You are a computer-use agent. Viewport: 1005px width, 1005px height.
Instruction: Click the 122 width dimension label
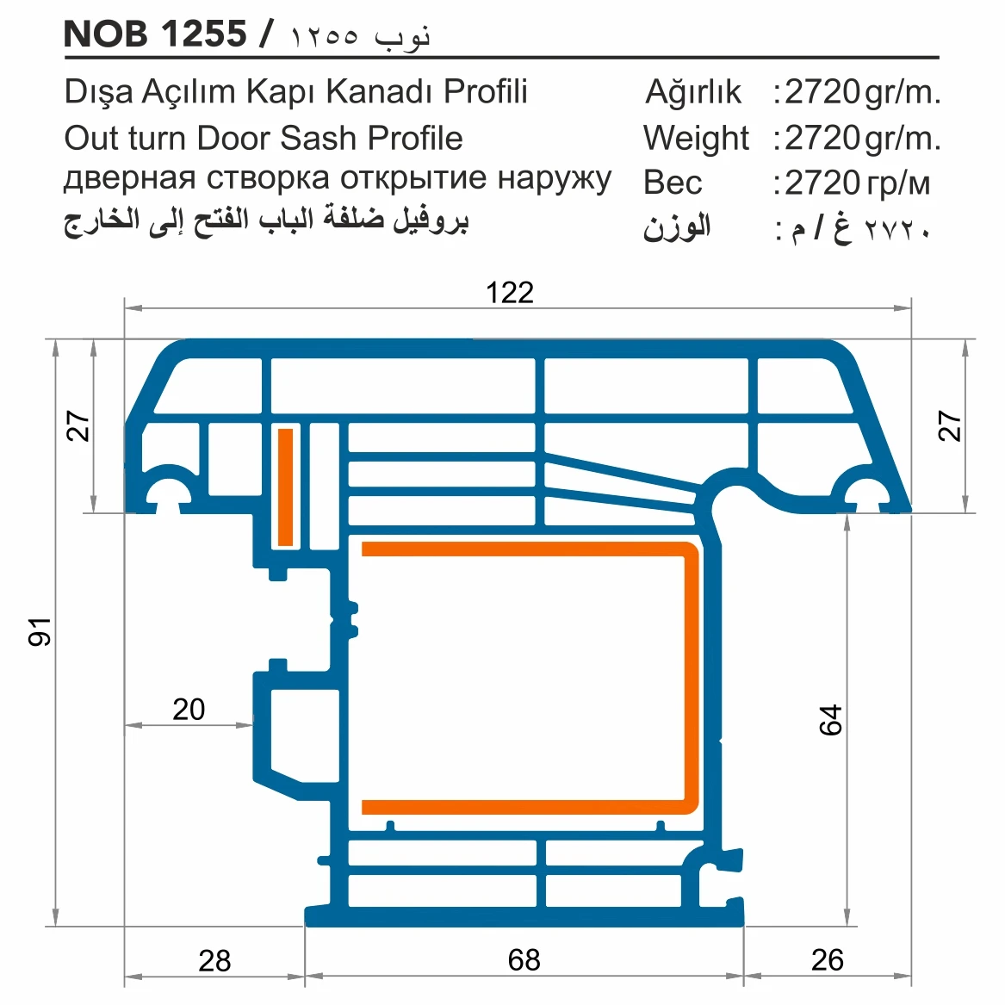tap(509, 293)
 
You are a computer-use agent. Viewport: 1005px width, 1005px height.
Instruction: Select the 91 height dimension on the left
tap(40, 631)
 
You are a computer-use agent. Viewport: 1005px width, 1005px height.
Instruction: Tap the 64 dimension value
tap(830, 720)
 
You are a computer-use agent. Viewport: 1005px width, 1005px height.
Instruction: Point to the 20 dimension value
tap(189, 710)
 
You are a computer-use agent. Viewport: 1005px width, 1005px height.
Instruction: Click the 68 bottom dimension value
tap(524, 959)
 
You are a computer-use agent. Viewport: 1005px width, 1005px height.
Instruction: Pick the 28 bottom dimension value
tap(214, 960)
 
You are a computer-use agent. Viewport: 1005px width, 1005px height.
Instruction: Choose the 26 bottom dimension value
tap(827, 959)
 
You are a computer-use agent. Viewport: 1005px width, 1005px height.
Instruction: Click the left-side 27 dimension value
tap(78, 425)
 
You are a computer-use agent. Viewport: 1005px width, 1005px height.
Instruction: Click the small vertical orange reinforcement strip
tap(285, 487)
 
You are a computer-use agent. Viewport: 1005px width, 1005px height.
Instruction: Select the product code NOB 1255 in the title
tap(155, 34)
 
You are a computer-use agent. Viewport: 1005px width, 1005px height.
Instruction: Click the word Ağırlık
tap(692, 92)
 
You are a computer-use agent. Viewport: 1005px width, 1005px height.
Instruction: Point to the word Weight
tap(696, 138)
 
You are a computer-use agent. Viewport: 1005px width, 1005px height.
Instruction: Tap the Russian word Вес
tap(673, 183)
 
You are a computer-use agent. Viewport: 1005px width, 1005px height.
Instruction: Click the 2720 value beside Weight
tap(822, 138)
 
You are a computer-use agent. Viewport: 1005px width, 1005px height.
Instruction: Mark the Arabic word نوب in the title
tap(402, 35)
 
